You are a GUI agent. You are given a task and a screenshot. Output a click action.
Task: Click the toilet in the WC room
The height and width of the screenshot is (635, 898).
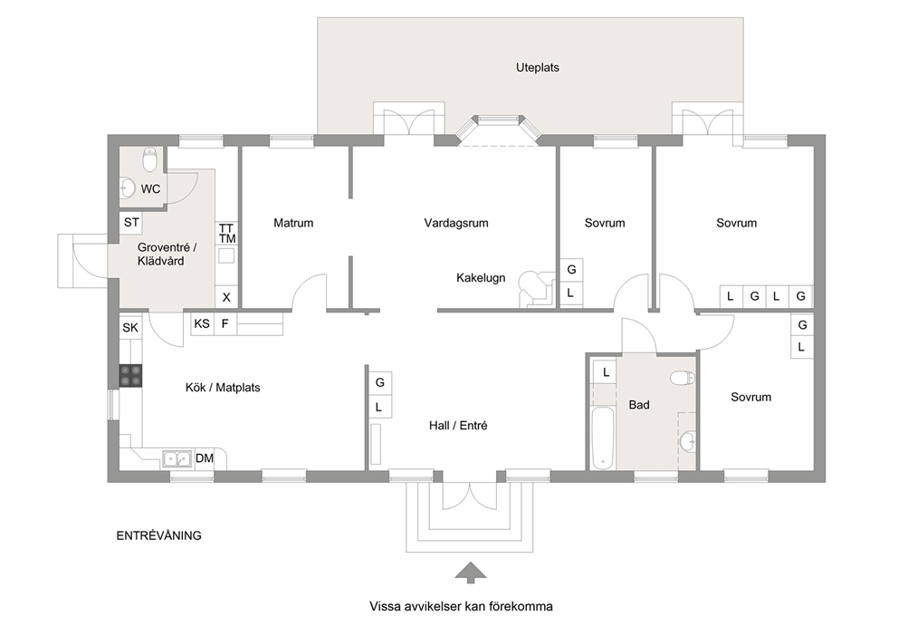pos(150,160)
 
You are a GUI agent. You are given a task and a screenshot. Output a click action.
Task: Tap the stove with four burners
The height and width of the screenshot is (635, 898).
pos(130,375)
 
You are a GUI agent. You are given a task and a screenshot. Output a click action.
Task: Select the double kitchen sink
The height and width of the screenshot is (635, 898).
pos(177,459)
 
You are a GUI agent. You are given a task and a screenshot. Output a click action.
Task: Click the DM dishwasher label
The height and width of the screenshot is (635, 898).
pos(205,458)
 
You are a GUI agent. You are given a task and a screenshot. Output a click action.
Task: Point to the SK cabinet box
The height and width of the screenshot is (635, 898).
pos(130,328)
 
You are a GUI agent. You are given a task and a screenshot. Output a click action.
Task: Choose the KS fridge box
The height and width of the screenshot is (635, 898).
pos(202,323)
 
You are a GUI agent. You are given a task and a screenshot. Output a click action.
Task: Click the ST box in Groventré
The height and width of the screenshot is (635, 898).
pos(131,222)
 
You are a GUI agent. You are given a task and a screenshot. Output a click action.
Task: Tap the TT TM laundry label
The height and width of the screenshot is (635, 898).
pos(227,233)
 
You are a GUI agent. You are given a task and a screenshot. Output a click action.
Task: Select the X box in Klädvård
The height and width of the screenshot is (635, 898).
pos(226,297)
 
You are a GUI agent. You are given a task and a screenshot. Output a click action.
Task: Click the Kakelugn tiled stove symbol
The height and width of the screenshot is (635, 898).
pos(536,289)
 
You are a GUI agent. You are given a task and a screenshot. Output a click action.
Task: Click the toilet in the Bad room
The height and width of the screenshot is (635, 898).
pos(683,378)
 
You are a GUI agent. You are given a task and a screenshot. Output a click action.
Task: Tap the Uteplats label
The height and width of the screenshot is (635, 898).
pos(537,68)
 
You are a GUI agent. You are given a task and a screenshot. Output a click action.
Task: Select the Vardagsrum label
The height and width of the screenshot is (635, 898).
pos(456,223)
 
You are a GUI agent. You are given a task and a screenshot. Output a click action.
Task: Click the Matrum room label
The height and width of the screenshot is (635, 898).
pos(293,223)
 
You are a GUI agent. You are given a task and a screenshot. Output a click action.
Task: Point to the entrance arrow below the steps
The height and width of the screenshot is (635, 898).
pos(470,572)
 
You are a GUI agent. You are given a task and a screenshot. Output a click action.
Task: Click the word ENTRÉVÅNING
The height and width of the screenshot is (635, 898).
pos(158,535)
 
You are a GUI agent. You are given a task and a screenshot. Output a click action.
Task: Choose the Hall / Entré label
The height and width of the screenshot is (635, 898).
pos(457,425)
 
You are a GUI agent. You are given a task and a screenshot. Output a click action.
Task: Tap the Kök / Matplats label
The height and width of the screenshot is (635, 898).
pos(222,388)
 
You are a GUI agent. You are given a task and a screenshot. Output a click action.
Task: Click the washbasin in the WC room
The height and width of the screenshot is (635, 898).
pos(127,188)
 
